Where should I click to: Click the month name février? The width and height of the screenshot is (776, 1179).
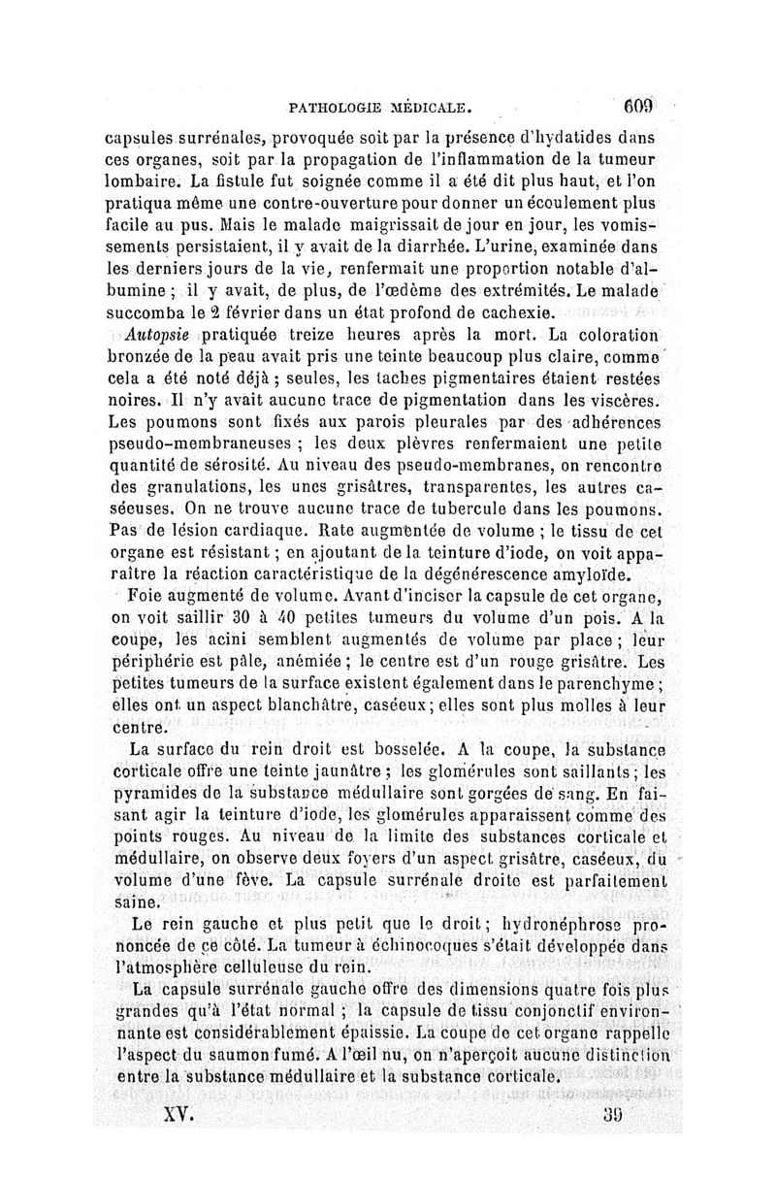(x=251, y=313)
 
